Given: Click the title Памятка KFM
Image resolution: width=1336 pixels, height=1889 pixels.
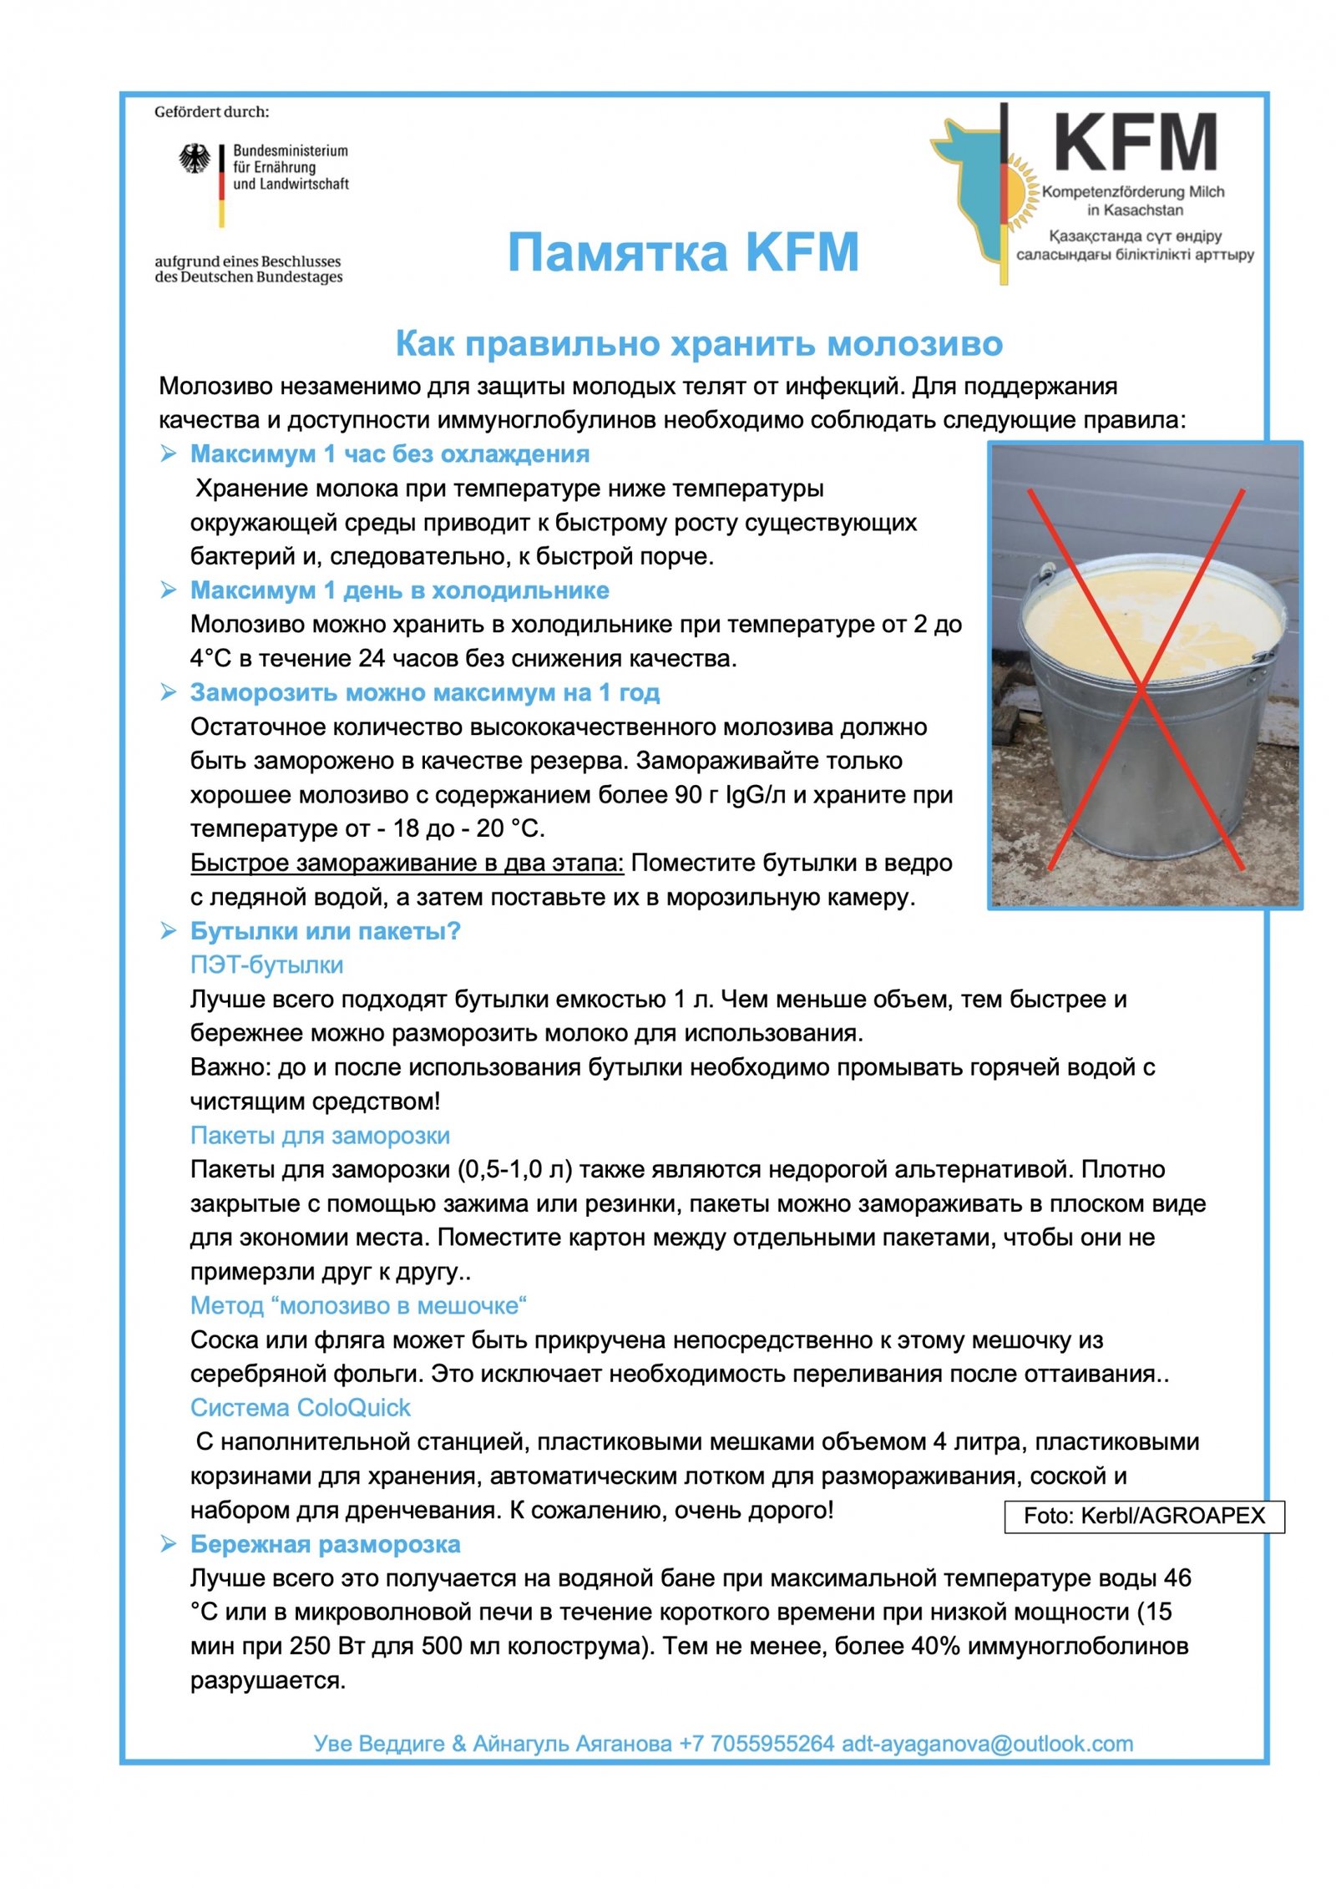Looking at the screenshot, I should [682, 252].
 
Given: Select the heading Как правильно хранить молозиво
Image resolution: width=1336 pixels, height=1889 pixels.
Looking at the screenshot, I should [698, 343].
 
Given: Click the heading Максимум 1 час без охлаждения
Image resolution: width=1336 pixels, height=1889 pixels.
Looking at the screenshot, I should [389, 453].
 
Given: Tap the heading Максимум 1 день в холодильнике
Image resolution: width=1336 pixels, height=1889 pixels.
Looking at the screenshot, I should [399, 590].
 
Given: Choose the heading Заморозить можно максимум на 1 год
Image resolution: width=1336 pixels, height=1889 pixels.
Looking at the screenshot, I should [424, 692].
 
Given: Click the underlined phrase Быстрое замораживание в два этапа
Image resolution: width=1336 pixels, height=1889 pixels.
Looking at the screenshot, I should [407, 863].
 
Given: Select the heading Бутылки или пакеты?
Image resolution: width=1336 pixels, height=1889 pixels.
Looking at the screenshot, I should [325, 931].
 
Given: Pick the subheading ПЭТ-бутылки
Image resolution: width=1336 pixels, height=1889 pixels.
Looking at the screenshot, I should [266, 965].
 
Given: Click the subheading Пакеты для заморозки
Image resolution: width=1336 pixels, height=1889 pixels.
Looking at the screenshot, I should [320, 1136].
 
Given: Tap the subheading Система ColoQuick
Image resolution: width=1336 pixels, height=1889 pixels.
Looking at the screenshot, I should [300, 1408].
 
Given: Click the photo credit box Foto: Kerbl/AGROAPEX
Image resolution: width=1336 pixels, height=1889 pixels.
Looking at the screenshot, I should [1143, 1516].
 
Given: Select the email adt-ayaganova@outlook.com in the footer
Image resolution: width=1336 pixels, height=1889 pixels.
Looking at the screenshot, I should [987, 1744].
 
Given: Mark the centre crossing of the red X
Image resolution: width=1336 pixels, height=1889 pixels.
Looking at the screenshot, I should [1141, 686].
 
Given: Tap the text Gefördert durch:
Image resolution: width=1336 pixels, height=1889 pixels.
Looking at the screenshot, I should [211, 112].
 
